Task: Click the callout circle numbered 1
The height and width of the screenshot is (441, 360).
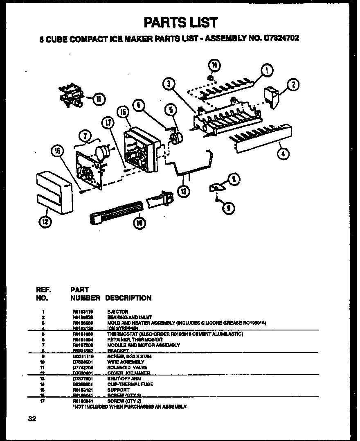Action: (266, 71)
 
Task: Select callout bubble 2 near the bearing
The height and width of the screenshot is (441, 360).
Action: (293, 85)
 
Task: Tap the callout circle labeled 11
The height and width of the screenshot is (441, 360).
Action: (99, 98)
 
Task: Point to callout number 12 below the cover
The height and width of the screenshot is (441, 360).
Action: (45, 222)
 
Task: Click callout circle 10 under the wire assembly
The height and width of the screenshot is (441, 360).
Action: (139, 223)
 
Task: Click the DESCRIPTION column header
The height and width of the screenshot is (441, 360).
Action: (128, 298)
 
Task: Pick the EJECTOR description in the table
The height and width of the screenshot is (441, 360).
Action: (117, 312)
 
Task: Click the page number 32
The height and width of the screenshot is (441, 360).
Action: (32, 418)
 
